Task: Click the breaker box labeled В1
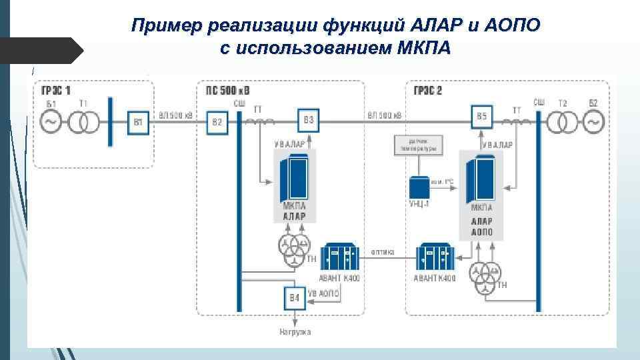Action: [x=139, y=122]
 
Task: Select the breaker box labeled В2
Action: [x=217, y=122]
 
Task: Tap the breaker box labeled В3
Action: [x=308, y=120]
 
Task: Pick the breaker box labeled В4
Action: [x=294, y=298]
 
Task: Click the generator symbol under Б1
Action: [x=51, y=121]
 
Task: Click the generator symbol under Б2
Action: [x=593, y=121]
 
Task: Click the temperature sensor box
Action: [x=417, y=146]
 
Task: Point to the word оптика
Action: [x=383, y=252]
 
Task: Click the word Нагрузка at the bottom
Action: [x=295, y=331]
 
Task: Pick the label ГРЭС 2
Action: [x=427, y=91]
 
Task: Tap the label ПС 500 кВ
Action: [x=228, y=91]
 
